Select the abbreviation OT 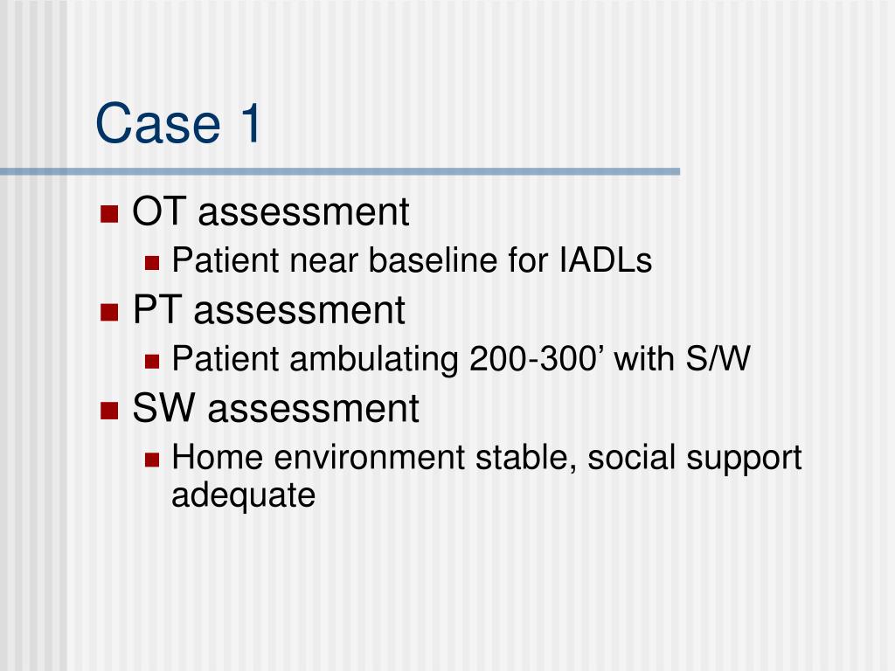154,212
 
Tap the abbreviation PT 154,310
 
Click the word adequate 243,496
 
